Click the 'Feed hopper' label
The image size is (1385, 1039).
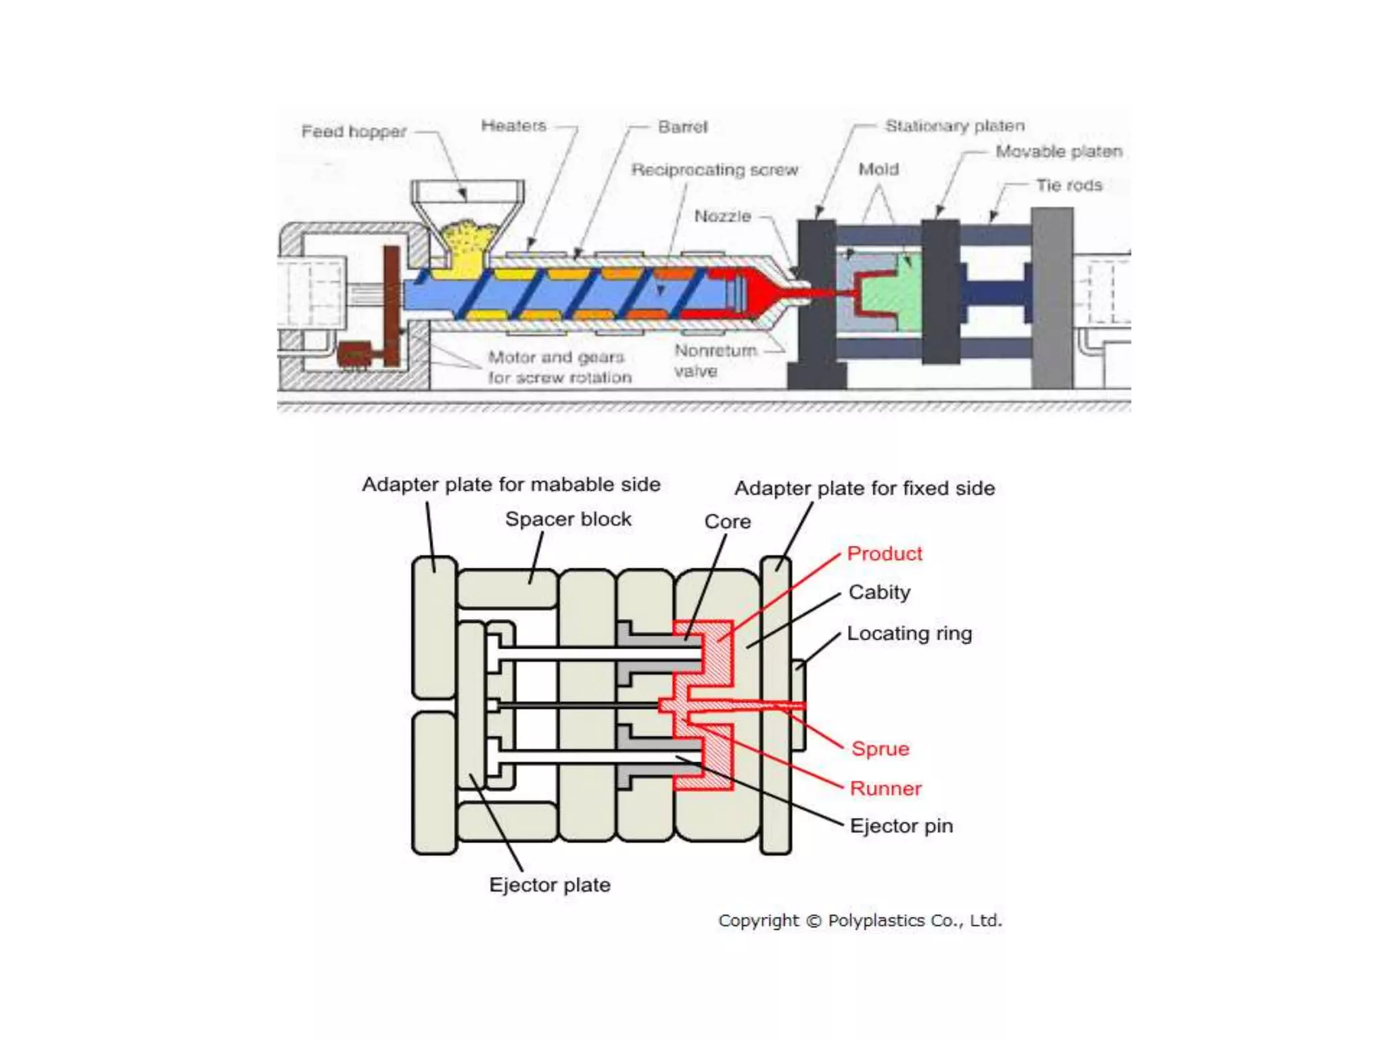pos(354,131)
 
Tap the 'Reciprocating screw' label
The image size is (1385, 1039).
pos(714,170)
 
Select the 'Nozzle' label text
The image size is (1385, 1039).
pos(722,216)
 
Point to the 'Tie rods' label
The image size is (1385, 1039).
pos(1069,185)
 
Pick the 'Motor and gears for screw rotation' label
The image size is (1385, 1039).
pos(559,367)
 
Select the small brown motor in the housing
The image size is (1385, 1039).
pos(354,355)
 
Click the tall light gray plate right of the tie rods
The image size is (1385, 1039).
pos(1052,298)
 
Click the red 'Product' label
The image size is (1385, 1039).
pos(884,554)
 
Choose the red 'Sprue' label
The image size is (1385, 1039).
pos(880,749)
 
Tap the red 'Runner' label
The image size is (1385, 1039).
pos(885,789)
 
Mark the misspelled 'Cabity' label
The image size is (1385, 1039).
pos(879,593)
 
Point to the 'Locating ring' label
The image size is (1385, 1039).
pos(909,634)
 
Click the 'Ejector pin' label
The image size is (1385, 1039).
pos(901,826)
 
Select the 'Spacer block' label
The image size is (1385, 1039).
pos(568,519)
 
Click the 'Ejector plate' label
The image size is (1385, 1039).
pos(549,885)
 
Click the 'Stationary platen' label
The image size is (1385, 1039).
pos(954,126)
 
